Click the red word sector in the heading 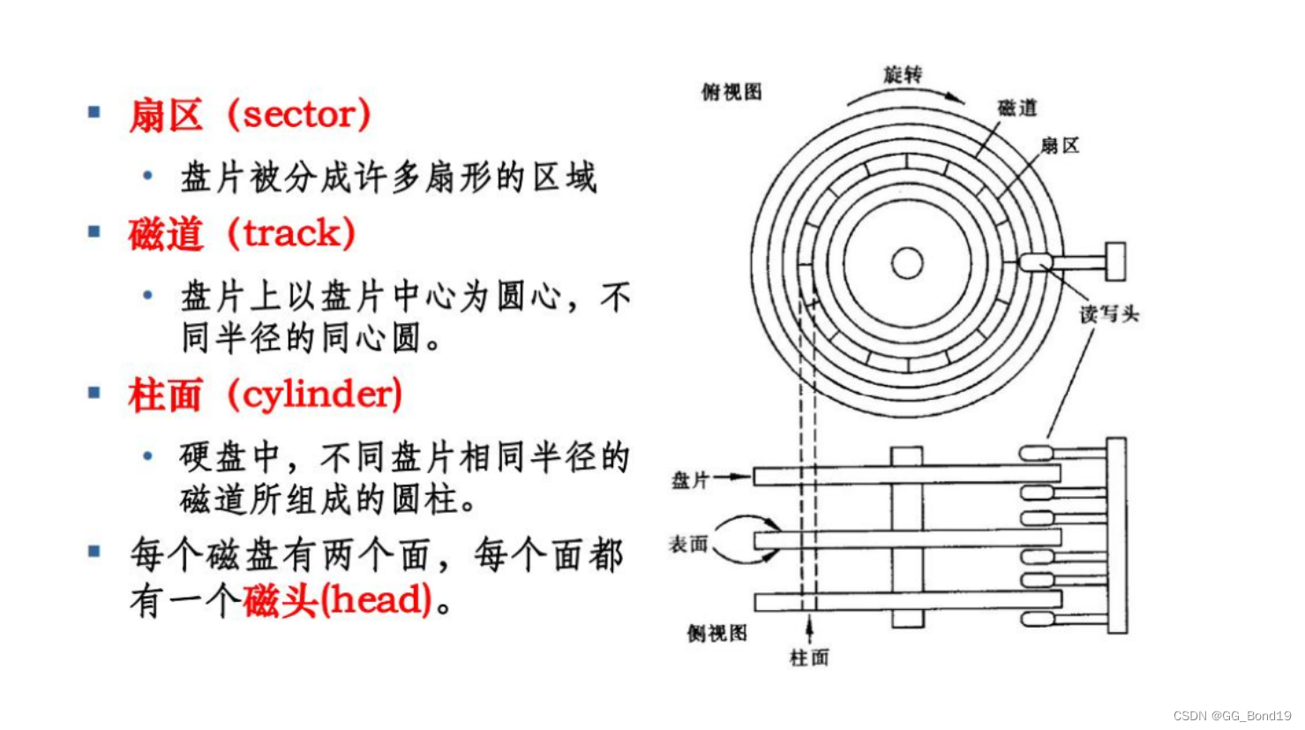click(x=298, y=115)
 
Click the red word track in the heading click(x=291, y=234)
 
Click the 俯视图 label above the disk click(x=731, y=92)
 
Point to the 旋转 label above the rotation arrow click(x=903, y=74)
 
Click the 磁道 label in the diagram click(x=1017, y=108)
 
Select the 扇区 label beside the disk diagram click(x=1060, y=146)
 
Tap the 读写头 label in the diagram click(x=1109, y=313)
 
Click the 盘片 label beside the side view click(x=690, y=480)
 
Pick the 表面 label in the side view click(x=688, y=544)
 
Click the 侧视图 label click(x=717, y=633)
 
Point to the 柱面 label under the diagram click(x=809, y=658)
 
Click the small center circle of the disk click(x=907, y=263)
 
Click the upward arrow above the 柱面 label click(x=809, y=628)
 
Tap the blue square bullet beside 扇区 click(x=94, y=112)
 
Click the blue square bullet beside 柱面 click(x=94, y=393)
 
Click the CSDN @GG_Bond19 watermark click(x=1232, y=716)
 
